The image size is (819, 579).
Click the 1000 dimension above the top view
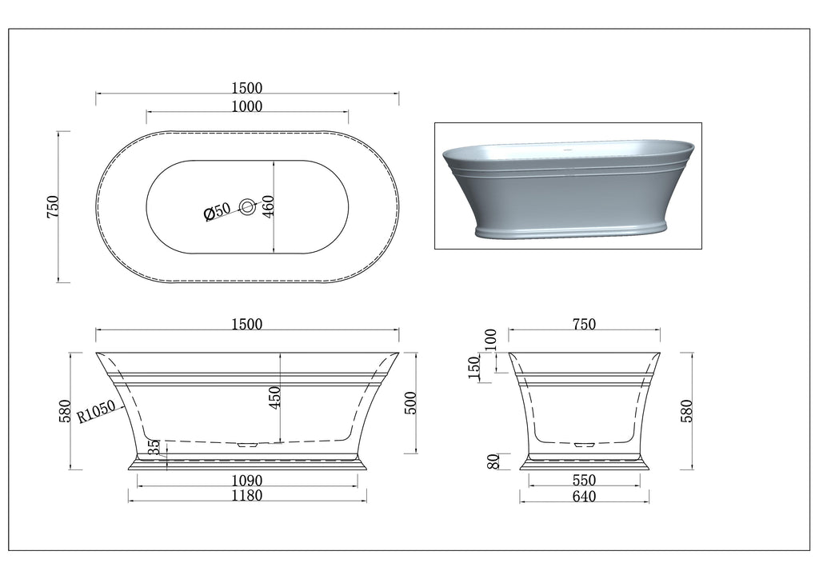pyautogui.click(x=246, y=106)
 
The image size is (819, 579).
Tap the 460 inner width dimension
pyautogui.click(x=267, y=207)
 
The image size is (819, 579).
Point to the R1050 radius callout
pyautogui.click(x=96, y=412)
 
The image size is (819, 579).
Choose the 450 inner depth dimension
pyautogui.click(x=275, y=397)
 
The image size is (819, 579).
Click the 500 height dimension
pyautogui.click(x=411, y=403)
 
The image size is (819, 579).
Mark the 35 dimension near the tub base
pyautogui.click(x=154, y=447)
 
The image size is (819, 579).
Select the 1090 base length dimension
pyautogui.click(x=247, y=480)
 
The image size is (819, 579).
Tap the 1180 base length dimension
pyautogui.click(x=247, y=495)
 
